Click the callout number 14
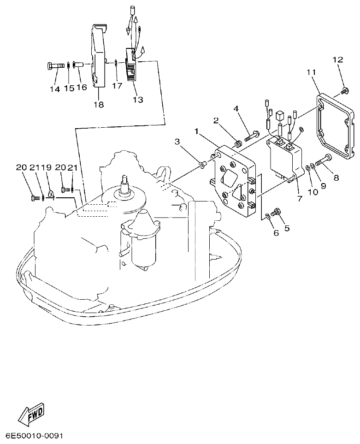(55, 89)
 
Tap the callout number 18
(99, 105)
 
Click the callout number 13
(138, 99)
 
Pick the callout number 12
(337, 60)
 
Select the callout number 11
(311, 72)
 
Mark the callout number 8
(336, 177)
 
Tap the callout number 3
(177, 142)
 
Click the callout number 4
(236, 109)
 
